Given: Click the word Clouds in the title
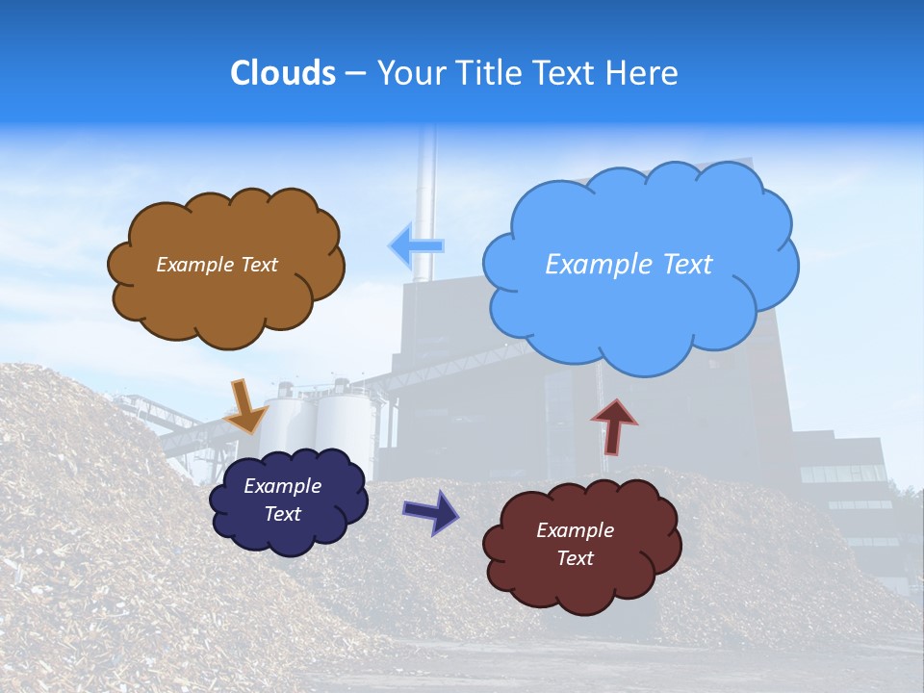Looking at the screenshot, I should tap(283, 73).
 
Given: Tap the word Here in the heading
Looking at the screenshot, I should tap(643, 73).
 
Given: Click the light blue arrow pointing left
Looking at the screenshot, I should tap(416, 246).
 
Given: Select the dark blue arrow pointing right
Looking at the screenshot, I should tap(431, 510).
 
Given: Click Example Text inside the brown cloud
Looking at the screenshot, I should tap(217, 265).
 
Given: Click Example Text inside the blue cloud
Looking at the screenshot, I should tap(629, 265).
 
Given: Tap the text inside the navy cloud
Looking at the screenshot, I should tap(282, 500).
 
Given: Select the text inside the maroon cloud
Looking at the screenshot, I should tap(575, 544).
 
